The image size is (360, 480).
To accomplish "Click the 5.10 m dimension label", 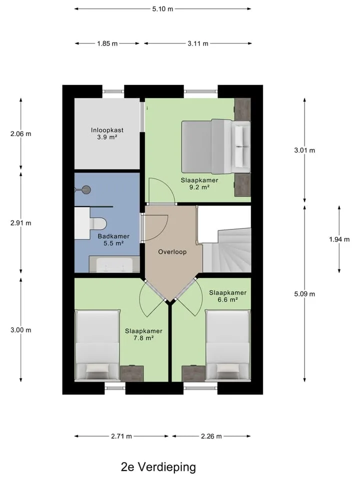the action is point(162,9).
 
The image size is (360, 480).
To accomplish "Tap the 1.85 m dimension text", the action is point(107,43).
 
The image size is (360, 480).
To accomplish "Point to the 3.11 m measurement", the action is point(198,43).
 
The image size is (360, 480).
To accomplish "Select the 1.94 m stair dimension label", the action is point(339,239).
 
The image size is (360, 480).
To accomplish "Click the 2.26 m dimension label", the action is point(211,436).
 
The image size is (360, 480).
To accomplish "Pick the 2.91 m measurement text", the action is point(21,223).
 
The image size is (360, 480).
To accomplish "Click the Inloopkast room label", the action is point(107,130).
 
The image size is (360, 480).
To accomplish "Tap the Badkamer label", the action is point(113,236).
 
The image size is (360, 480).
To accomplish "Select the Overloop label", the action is point(172,252).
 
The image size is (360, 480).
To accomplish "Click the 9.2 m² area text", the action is point(199,187).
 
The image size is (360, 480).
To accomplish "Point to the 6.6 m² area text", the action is point(228,299).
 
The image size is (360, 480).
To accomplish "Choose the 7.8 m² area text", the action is point(143,338).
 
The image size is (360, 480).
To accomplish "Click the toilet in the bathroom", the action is point(97,223).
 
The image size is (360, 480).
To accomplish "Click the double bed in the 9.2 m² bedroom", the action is point(216,146).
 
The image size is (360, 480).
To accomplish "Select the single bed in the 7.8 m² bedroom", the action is point(97,345).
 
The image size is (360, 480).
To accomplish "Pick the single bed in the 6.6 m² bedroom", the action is point(228,345).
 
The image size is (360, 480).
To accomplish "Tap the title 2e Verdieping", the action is point(158,467).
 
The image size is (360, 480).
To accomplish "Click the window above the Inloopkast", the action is point(113,91).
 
